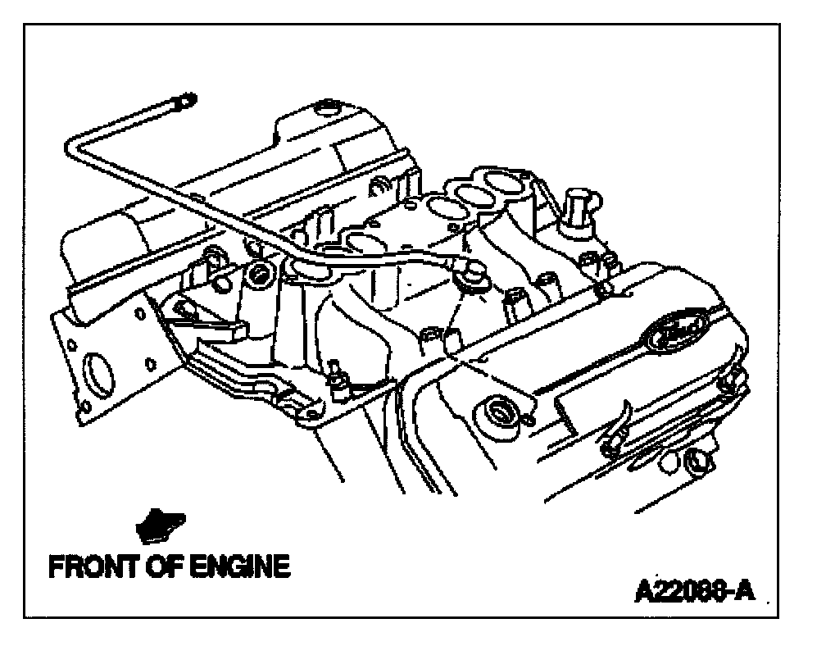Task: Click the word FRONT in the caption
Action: [x=88, y=566]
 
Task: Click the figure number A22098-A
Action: [x=693, y=589]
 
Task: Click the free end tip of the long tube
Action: [x=186, y=101]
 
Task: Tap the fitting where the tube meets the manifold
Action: [x=474, y=276]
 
